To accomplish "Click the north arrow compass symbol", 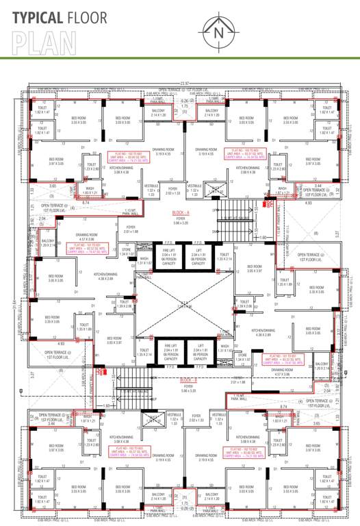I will click(x=218, y=30).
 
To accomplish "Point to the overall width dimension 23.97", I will click(x=183, y=83).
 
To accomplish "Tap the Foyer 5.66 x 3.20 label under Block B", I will click(x=188, y=390).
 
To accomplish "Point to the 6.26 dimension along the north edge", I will click(x=184, y=101).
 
